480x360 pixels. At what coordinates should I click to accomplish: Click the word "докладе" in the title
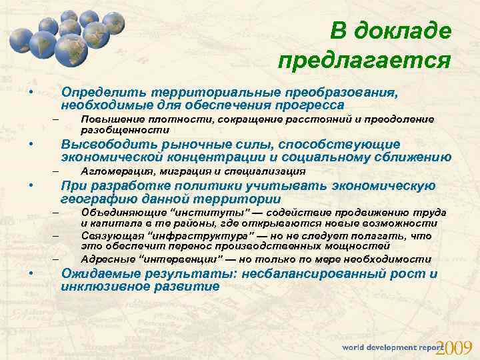coord(407,31)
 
